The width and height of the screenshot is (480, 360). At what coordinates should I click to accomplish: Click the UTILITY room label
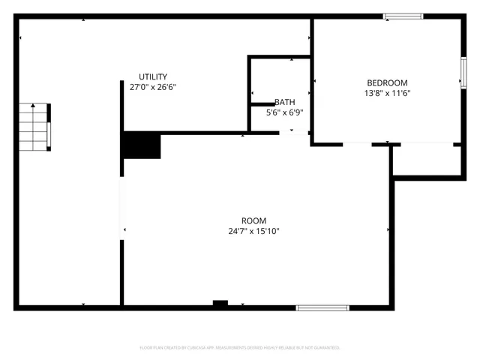point(152,76)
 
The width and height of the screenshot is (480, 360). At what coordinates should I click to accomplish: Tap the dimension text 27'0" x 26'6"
point(152,87)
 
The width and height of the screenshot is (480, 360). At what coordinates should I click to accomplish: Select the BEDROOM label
point(386,82)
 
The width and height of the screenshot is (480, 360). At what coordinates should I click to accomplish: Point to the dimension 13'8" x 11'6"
point(386,94)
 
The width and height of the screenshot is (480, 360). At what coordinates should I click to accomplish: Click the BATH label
point(285,102)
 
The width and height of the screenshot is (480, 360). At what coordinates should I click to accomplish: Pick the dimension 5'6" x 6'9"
point(285,112)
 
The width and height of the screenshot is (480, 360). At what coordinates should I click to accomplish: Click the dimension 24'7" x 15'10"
point(254,231)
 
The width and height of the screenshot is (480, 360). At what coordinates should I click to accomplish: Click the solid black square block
point(142,145)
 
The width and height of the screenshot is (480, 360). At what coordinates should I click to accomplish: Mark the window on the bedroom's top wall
point(403,16)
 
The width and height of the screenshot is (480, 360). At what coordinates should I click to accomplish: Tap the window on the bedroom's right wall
point(463,73)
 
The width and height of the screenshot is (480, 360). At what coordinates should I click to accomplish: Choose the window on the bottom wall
point(322,307)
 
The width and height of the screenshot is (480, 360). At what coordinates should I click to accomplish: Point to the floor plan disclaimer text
point(240,348)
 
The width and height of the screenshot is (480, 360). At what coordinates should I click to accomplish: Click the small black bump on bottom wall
point(220,303)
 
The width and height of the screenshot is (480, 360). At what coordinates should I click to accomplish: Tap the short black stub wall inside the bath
point(262,104)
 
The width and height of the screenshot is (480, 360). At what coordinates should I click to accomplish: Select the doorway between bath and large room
point(294,133)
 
